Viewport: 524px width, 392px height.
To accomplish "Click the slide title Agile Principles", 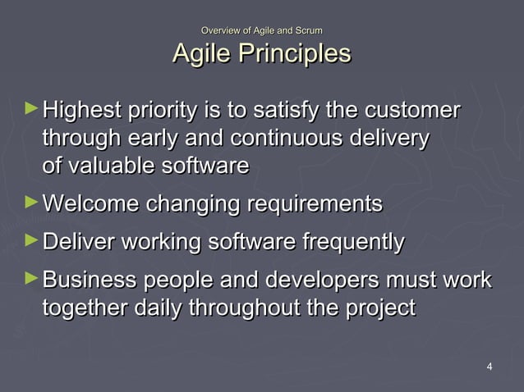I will pos(261,54).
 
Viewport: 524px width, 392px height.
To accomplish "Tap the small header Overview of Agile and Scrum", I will pos(261,30).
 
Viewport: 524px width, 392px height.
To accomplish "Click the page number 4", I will pos(490,366).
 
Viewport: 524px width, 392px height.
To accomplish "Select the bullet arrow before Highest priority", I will pos(31,107).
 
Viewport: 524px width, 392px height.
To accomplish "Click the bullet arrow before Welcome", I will pos(31,201).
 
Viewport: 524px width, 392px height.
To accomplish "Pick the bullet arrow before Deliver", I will pos(31,240).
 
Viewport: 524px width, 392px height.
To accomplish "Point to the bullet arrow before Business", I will pos(31,280).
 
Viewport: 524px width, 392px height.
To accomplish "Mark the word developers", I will pos(324,282).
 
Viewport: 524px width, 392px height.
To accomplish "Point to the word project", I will pos(373,310).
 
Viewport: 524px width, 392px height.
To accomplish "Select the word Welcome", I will pos(90,203).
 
